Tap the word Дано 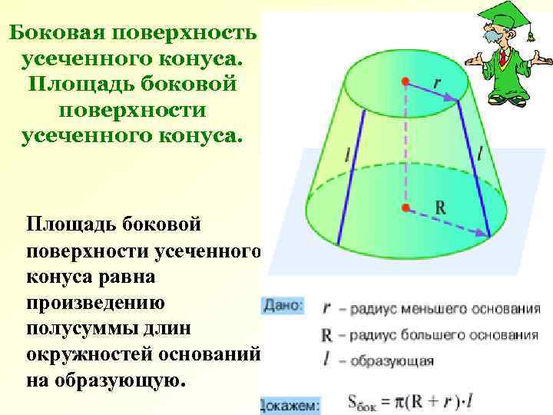pyautogui.click(x=283, y=306)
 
